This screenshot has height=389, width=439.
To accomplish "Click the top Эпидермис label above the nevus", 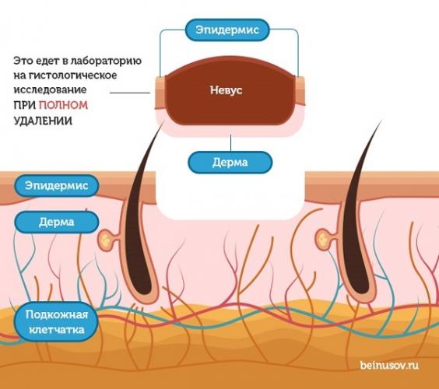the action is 227,30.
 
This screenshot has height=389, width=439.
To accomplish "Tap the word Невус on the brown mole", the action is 227,90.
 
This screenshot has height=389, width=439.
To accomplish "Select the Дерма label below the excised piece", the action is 230,163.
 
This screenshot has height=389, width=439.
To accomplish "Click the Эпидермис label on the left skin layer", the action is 57,185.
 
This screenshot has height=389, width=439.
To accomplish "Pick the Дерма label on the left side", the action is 57,222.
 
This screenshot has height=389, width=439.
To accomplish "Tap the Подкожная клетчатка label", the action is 57,322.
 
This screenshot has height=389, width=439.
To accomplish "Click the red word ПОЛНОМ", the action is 63,105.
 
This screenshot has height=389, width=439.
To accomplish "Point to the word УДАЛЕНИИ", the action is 43,121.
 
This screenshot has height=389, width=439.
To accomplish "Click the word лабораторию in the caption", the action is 106,61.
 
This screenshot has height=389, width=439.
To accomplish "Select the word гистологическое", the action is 73,75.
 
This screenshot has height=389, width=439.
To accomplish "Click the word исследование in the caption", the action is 50,89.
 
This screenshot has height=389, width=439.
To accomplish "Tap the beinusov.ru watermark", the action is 389,365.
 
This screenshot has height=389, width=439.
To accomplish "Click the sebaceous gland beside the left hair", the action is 106,240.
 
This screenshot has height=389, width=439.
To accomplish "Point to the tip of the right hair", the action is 382,120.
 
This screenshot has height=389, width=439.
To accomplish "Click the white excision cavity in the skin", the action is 230,196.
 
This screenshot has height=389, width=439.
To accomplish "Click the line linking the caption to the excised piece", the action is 130,93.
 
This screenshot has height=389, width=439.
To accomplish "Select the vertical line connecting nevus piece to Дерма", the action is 230,143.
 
